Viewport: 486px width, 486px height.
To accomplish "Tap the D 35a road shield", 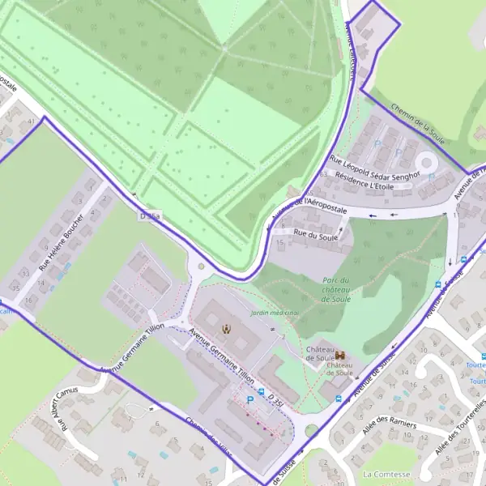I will pyautogui.click(x=151, y=216).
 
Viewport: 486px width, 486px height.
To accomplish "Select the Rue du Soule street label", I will pyautogui.click(x=315, y=236).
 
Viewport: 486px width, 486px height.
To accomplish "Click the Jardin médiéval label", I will pyautogui.click(x=275, y=313).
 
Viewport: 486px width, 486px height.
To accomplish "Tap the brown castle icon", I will pyautogui.click(x=341, y=356).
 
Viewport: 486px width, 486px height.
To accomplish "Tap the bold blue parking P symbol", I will pyautogui.click(x=250, y=399).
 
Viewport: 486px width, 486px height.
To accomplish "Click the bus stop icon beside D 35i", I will pyautogui.click(x=262, y=391).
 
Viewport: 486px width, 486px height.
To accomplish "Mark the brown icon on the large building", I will pyautogui.click(x=227, y=329).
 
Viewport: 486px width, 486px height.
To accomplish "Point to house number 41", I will pyautogui.click(x=32, y=121).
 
